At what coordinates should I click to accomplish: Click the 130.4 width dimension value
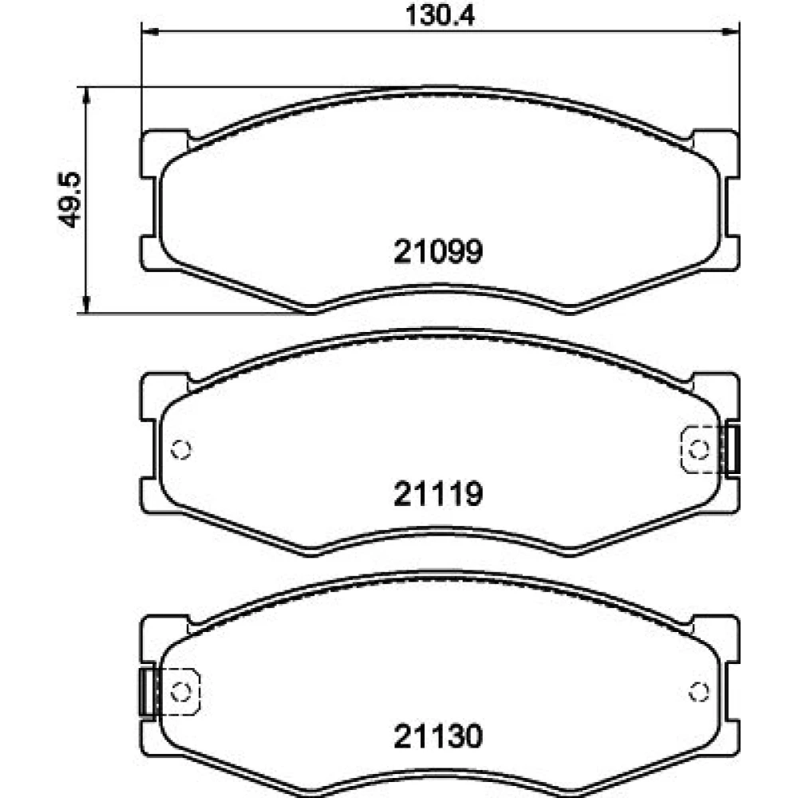point(440,15)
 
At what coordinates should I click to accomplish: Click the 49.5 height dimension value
point(69,199)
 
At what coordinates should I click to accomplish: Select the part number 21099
point(438,251)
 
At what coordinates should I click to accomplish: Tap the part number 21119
point(438,494)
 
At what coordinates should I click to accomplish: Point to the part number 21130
point(438,737)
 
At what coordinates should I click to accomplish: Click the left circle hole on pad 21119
point(181,449)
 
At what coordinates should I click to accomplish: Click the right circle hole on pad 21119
point(698,449)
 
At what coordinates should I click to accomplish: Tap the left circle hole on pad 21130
point(181,692)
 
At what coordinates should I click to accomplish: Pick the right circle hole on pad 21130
point(698,692)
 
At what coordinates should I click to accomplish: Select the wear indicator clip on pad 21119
point(732,449)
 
